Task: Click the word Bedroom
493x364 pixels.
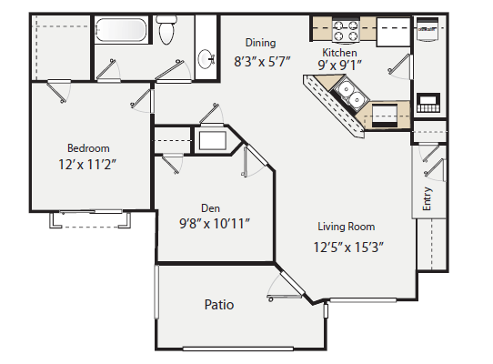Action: click(x=88, y=148)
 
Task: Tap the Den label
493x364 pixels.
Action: click(x=212, y=207)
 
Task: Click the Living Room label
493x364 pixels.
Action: click(x=346, y=227)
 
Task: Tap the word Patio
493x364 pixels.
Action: click(x=218, y=305)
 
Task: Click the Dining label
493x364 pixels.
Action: click(x=260, y=43)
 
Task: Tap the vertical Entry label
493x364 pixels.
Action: click(x=428, y=199)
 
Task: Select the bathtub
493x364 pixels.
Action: click(x=122, y=30)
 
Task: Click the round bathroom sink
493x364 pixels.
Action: click(x=206, y=60)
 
